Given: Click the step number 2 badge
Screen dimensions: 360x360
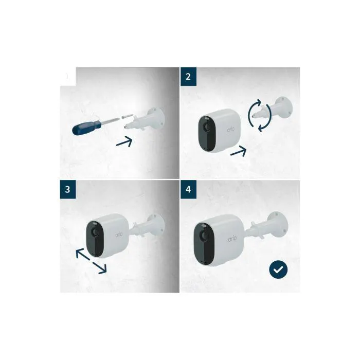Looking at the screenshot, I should coord(188,77).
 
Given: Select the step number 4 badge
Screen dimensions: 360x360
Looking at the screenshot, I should coord(188,189).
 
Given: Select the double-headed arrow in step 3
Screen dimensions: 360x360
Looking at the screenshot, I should coord(92,261).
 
